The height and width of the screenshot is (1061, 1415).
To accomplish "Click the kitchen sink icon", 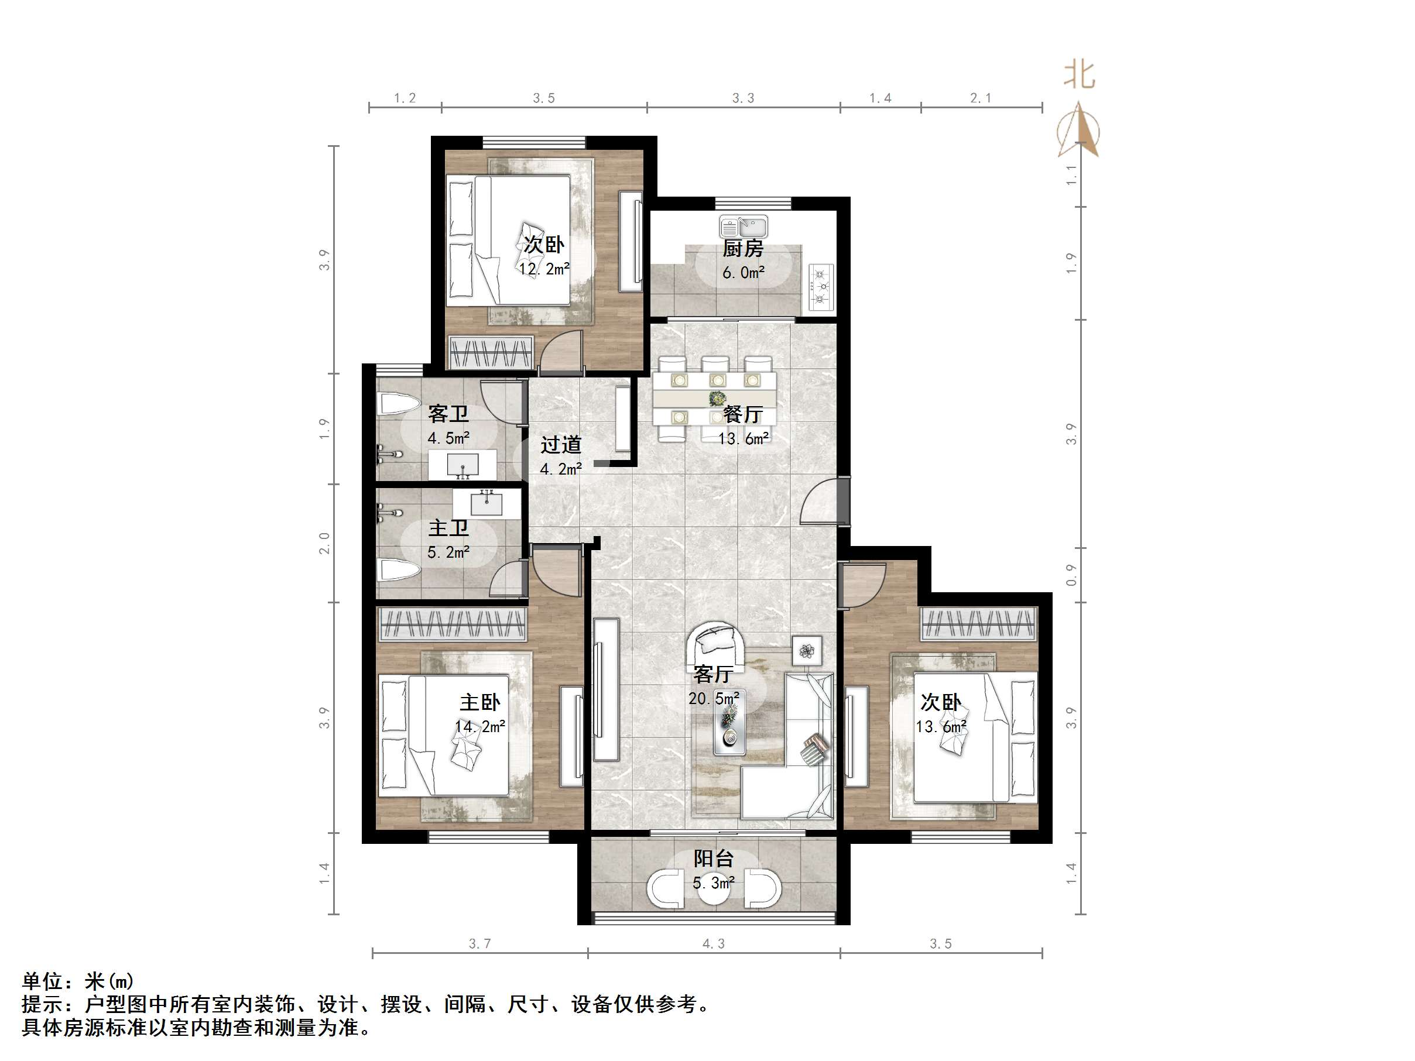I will coord(744,226).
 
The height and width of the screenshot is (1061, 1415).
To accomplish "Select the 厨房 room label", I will coord(743,248).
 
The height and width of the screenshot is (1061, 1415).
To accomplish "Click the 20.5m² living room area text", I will coord(714,698).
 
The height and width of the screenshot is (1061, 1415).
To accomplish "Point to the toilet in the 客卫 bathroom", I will coord(396,404).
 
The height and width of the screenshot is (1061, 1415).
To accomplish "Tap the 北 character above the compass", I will coord(1079,75).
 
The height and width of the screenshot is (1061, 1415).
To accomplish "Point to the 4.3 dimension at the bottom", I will coord(713,944).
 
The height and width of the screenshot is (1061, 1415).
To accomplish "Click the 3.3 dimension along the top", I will coord(743,98).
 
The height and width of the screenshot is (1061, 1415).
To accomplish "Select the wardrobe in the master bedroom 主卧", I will coord(453,624).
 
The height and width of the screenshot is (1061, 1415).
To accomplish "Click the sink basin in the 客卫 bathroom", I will coord(462,464).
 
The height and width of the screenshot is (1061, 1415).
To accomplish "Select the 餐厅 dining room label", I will coord(743,414).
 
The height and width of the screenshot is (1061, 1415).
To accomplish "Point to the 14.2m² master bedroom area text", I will coord(480,726).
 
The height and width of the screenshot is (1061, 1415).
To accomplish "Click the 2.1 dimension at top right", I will coord(980,98).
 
